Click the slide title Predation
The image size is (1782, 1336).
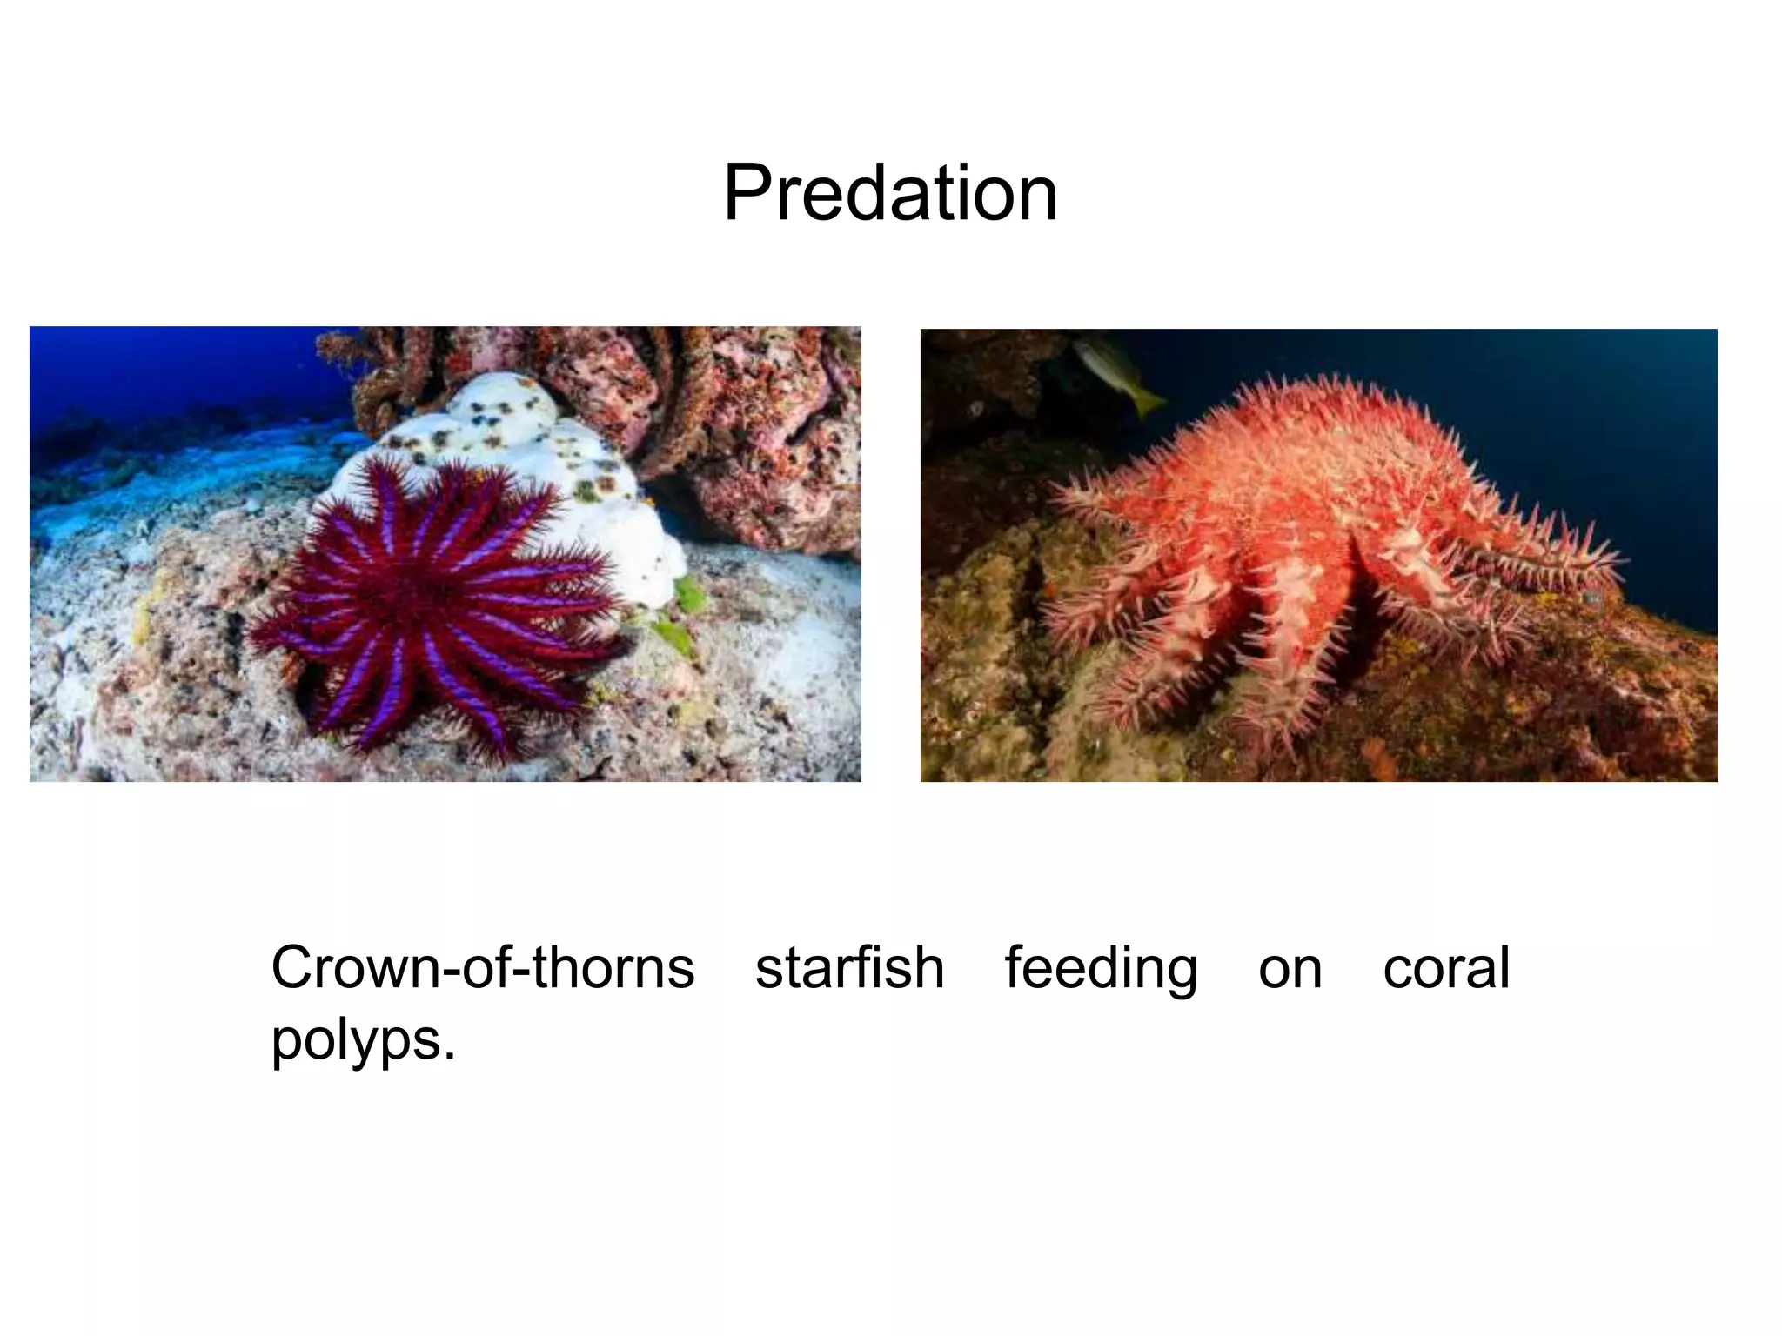[890, 193]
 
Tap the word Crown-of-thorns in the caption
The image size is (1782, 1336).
[483, 967]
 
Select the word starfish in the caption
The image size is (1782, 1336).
[849, 967]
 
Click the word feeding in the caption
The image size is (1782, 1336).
[1101, 969]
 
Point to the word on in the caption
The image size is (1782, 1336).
[1290, 969]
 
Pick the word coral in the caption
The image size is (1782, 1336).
[1446, 967]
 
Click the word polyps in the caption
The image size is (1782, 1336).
[357, 1040]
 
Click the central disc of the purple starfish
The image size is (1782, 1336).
[435, 591]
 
